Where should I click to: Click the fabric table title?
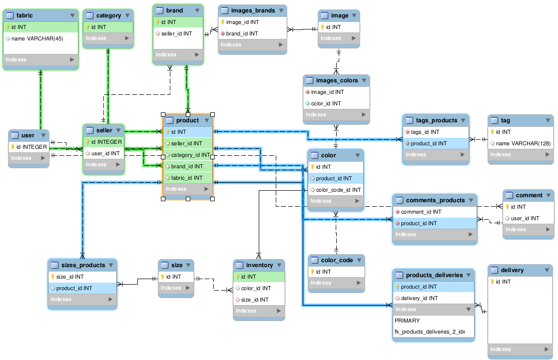tap(24, 15)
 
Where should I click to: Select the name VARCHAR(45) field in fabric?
tap(37, 38)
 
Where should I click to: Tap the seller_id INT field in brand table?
tap(176, 33)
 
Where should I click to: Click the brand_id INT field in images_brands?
tap(242, 33)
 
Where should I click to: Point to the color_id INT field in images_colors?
tap(326, 103)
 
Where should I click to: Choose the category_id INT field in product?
tap(190, 155)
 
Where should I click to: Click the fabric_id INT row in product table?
tap(187, 178)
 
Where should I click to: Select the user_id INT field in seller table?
tap(105, 153)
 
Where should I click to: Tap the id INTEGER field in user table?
tap(31, 147)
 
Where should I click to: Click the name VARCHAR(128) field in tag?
tap(523, 143)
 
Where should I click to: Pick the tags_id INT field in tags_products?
tap(425, 132)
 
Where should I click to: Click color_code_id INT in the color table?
tap(338, 190)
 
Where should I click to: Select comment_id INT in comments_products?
tap(421, 212)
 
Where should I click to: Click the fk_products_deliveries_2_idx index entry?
tap(430, 332)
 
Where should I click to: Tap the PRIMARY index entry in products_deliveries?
tap(407, 321)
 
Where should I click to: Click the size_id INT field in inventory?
tap(255, 300)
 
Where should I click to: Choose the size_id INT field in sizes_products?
tap(70, 277)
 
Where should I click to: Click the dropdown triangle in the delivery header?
tap(547, 270)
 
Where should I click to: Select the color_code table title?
tap(337, 260)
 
